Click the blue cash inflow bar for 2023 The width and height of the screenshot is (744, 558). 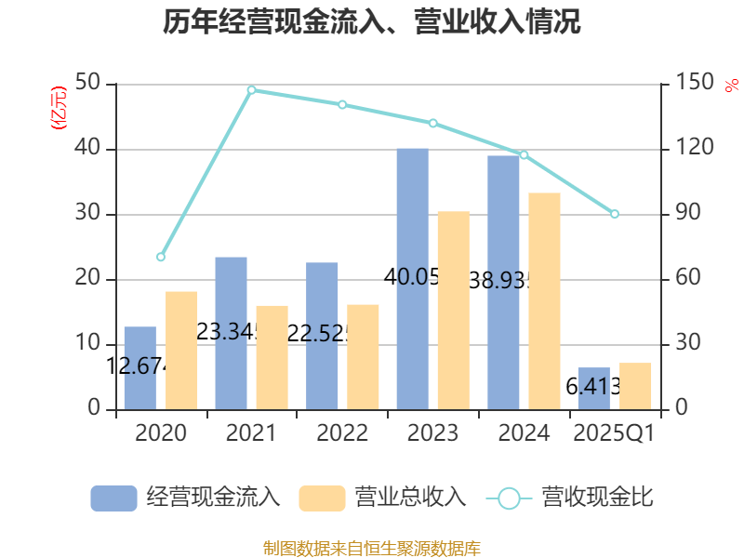click(x=412, y=279)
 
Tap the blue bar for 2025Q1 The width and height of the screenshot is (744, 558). click(x=593, y=388)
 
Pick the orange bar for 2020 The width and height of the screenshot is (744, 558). click(x=181, y=350)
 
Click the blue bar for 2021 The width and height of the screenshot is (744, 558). click(x=232, y=333)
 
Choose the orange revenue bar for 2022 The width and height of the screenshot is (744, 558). click(x=364, y=356)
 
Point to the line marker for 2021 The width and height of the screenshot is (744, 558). click(x=252, y=90)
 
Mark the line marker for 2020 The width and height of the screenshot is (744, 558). click(x=161, y=257)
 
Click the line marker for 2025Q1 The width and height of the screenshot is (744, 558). click(x=615, y=215)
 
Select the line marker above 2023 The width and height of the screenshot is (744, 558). click(x=433, y=124)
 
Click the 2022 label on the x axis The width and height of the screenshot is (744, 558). click(x=342, y=433)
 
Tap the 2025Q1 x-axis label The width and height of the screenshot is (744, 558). click(x=615, y=433)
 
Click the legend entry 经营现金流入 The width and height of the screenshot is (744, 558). click(x=186, y=498)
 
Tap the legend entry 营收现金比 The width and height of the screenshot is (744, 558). click(x=569, y=498)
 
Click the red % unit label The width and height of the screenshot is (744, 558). click(x=731, y=86)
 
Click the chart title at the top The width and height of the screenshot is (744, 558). click(x=372, y=21)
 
